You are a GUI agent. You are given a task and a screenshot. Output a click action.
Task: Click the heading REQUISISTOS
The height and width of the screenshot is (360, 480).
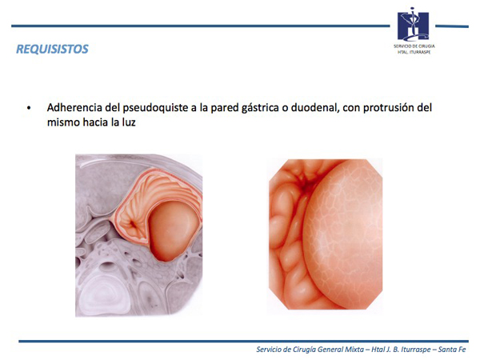(52, 49)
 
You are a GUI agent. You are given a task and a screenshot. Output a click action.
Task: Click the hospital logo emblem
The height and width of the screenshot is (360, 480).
(413, 25)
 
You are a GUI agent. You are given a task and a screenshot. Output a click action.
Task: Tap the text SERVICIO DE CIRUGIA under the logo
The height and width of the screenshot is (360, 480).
(414, 46)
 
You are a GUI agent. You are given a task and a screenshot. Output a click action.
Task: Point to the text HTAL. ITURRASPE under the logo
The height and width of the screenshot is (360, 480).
(414, 52)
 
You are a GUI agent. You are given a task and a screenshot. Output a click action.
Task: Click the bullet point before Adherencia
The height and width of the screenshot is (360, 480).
(29, 108)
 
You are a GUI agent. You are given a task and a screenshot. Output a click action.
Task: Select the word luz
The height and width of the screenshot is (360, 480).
(129, 122)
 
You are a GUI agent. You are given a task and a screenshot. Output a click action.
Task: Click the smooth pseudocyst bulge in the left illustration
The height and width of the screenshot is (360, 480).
(172, 230)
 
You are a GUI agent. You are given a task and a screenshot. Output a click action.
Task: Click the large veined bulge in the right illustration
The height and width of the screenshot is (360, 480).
(344, 233)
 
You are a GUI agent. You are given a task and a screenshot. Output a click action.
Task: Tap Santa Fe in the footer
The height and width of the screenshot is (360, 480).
(452, 350)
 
